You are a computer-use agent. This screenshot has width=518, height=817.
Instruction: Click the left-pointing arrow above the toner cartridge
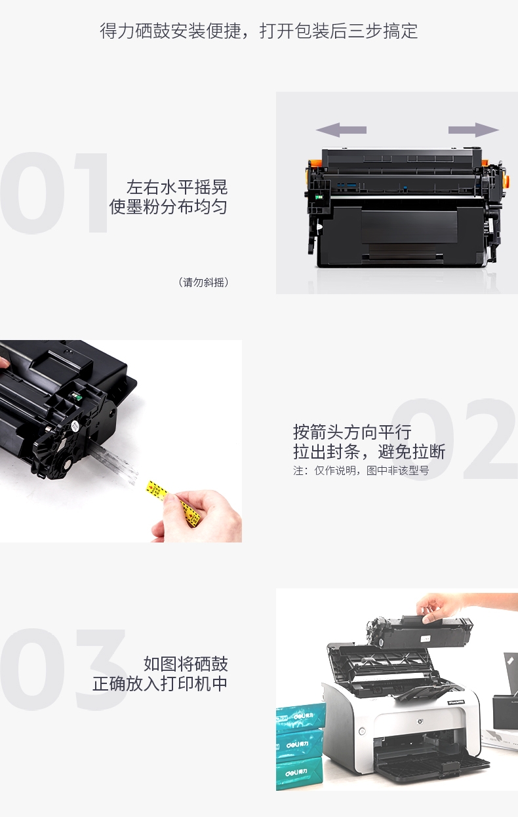[341, 130]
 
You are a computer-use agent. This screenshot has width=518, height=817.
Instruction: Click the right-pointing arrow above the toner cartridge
[473, 130]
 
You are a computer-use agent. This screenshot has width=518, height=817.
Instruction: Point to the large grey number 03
[64, 670]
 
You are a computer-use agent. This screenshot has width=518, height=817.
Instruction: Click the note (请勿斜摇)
[204, 282]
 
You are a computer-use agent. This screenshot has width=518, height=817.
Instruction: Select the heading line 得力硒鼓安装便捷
[170, 31]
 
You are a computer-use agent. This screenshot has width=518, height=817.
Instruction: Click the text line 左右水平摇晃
[177, 187]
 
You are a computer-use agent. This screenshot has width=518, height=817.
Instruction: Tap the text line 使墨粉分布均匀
[169, 207]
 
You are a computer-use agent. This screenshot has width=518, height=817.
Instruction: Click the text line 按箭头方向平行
[352, 432]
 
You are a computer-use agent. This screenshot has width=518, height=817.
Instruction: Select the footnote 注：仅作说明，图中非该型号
[361, 470]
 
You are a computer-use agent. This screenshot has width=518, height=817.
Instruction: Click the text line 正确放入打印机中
[160, 684]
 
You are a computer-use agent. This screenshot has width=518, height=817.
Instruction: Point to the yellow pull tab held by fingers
[174, 503]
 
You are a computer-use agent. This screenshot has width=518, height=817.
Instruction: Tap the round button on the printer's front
[362, 731]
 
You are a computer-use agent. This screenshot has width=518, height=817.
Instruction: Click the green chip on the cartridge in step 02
[77, 396]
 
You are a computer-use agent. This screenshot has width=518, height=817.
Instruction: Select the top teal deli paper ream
[301, 717]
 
